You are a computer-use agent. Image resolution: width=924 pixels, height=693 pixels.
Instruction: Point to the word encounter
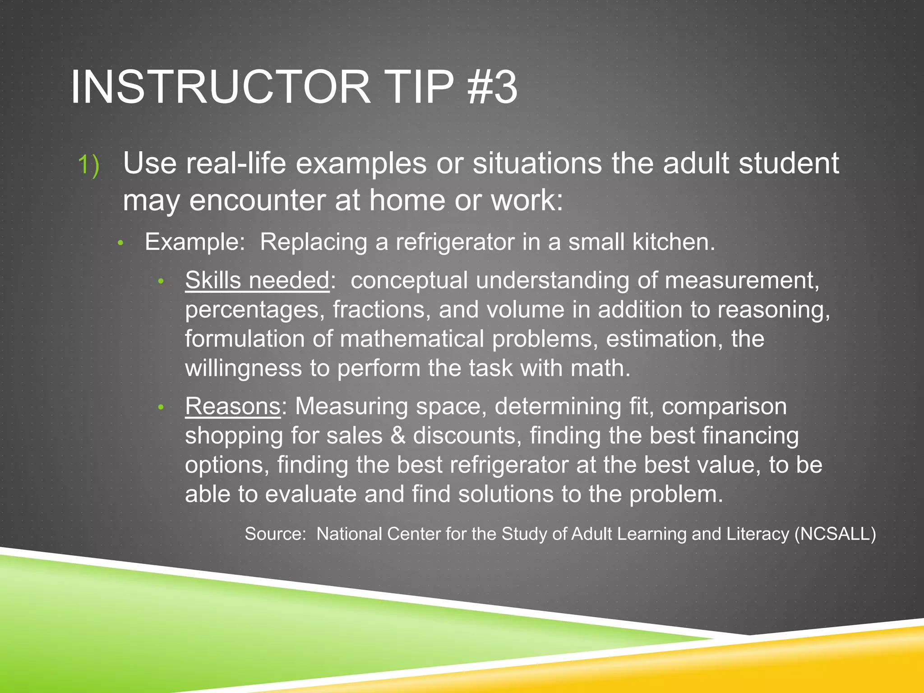[x=258, y=200]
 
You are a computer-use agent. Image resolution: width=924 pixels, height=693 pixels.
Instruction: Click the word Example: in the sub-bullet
[x=194, y=242]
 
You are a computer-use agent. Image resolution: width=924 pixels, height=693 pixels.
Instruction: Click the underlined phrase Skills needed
[x=257, y=281]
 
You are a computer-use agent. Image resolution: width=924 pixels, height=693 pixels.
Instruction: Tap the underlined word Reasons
[x=233, y=407]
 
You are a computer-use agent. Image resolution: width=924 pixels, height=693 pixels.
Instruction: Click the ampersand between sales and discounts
[x=397, y=436]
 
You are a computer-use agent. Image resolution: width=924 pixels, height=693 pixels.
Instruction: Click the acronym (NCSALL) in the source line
[x=835, y=534]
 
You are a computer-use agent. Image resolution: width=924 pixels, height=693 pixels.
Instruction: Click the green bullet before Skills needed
[x=161, y=282]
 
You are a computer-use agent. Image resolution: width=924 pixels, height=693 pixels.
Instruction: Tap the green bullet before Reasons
[x=161, y=408]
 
